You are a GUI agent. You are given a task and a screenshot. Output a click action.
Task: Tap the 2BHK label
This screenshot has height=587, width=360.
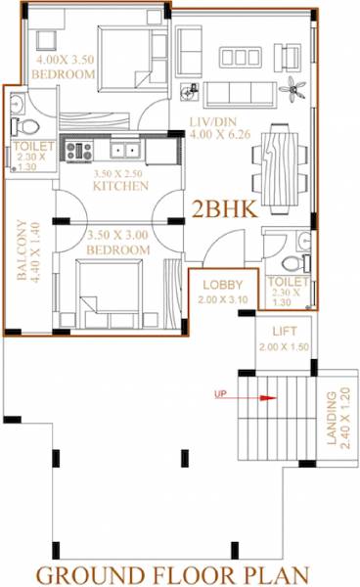click(x=225, y=209)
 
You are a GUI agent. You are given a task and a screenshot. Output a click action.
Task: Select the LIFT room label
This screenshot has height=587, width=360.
click(x=285, y=331)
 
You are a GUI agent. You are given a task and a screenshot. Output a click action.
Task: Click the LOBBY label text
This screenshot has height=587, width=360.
click(x=223, y=285)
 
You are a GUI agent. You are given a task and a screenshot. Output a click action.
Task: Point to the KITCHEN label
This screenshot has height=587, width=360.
click(x=120, y=186)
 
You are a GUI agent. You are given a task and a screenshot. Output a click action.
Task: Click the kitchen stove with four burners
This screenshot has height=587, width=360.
click(x=79, y=151)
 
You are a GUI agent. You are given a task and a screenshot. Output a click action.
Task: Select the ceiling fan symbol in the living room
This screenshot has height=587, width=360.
click(x=292, y=89)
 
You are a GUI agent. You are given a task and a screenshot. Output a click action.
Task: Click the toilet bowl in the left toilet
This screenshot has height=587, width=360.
click(x=27, y=126)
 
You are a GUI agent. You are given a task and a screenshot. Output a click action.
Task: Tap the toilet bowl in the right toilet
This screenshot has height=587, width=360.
click(x=295, y=263)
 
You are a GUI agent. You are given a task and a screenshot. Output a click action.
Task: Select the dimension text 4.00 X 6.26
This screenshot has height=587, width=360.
click(x=220, y=134)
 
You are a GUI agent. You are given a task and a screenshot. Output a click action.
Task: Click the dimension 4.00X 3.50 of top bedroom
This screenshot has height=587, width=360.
click(x=65, y=59)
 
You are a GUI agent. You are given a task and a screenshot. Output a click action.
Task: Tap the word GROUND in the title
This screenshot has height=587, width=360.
click(x=91, y=574)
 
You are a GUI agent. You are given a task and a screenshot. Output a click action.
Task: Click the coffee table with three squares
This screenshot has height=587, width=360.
click(x=241, y=57)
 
